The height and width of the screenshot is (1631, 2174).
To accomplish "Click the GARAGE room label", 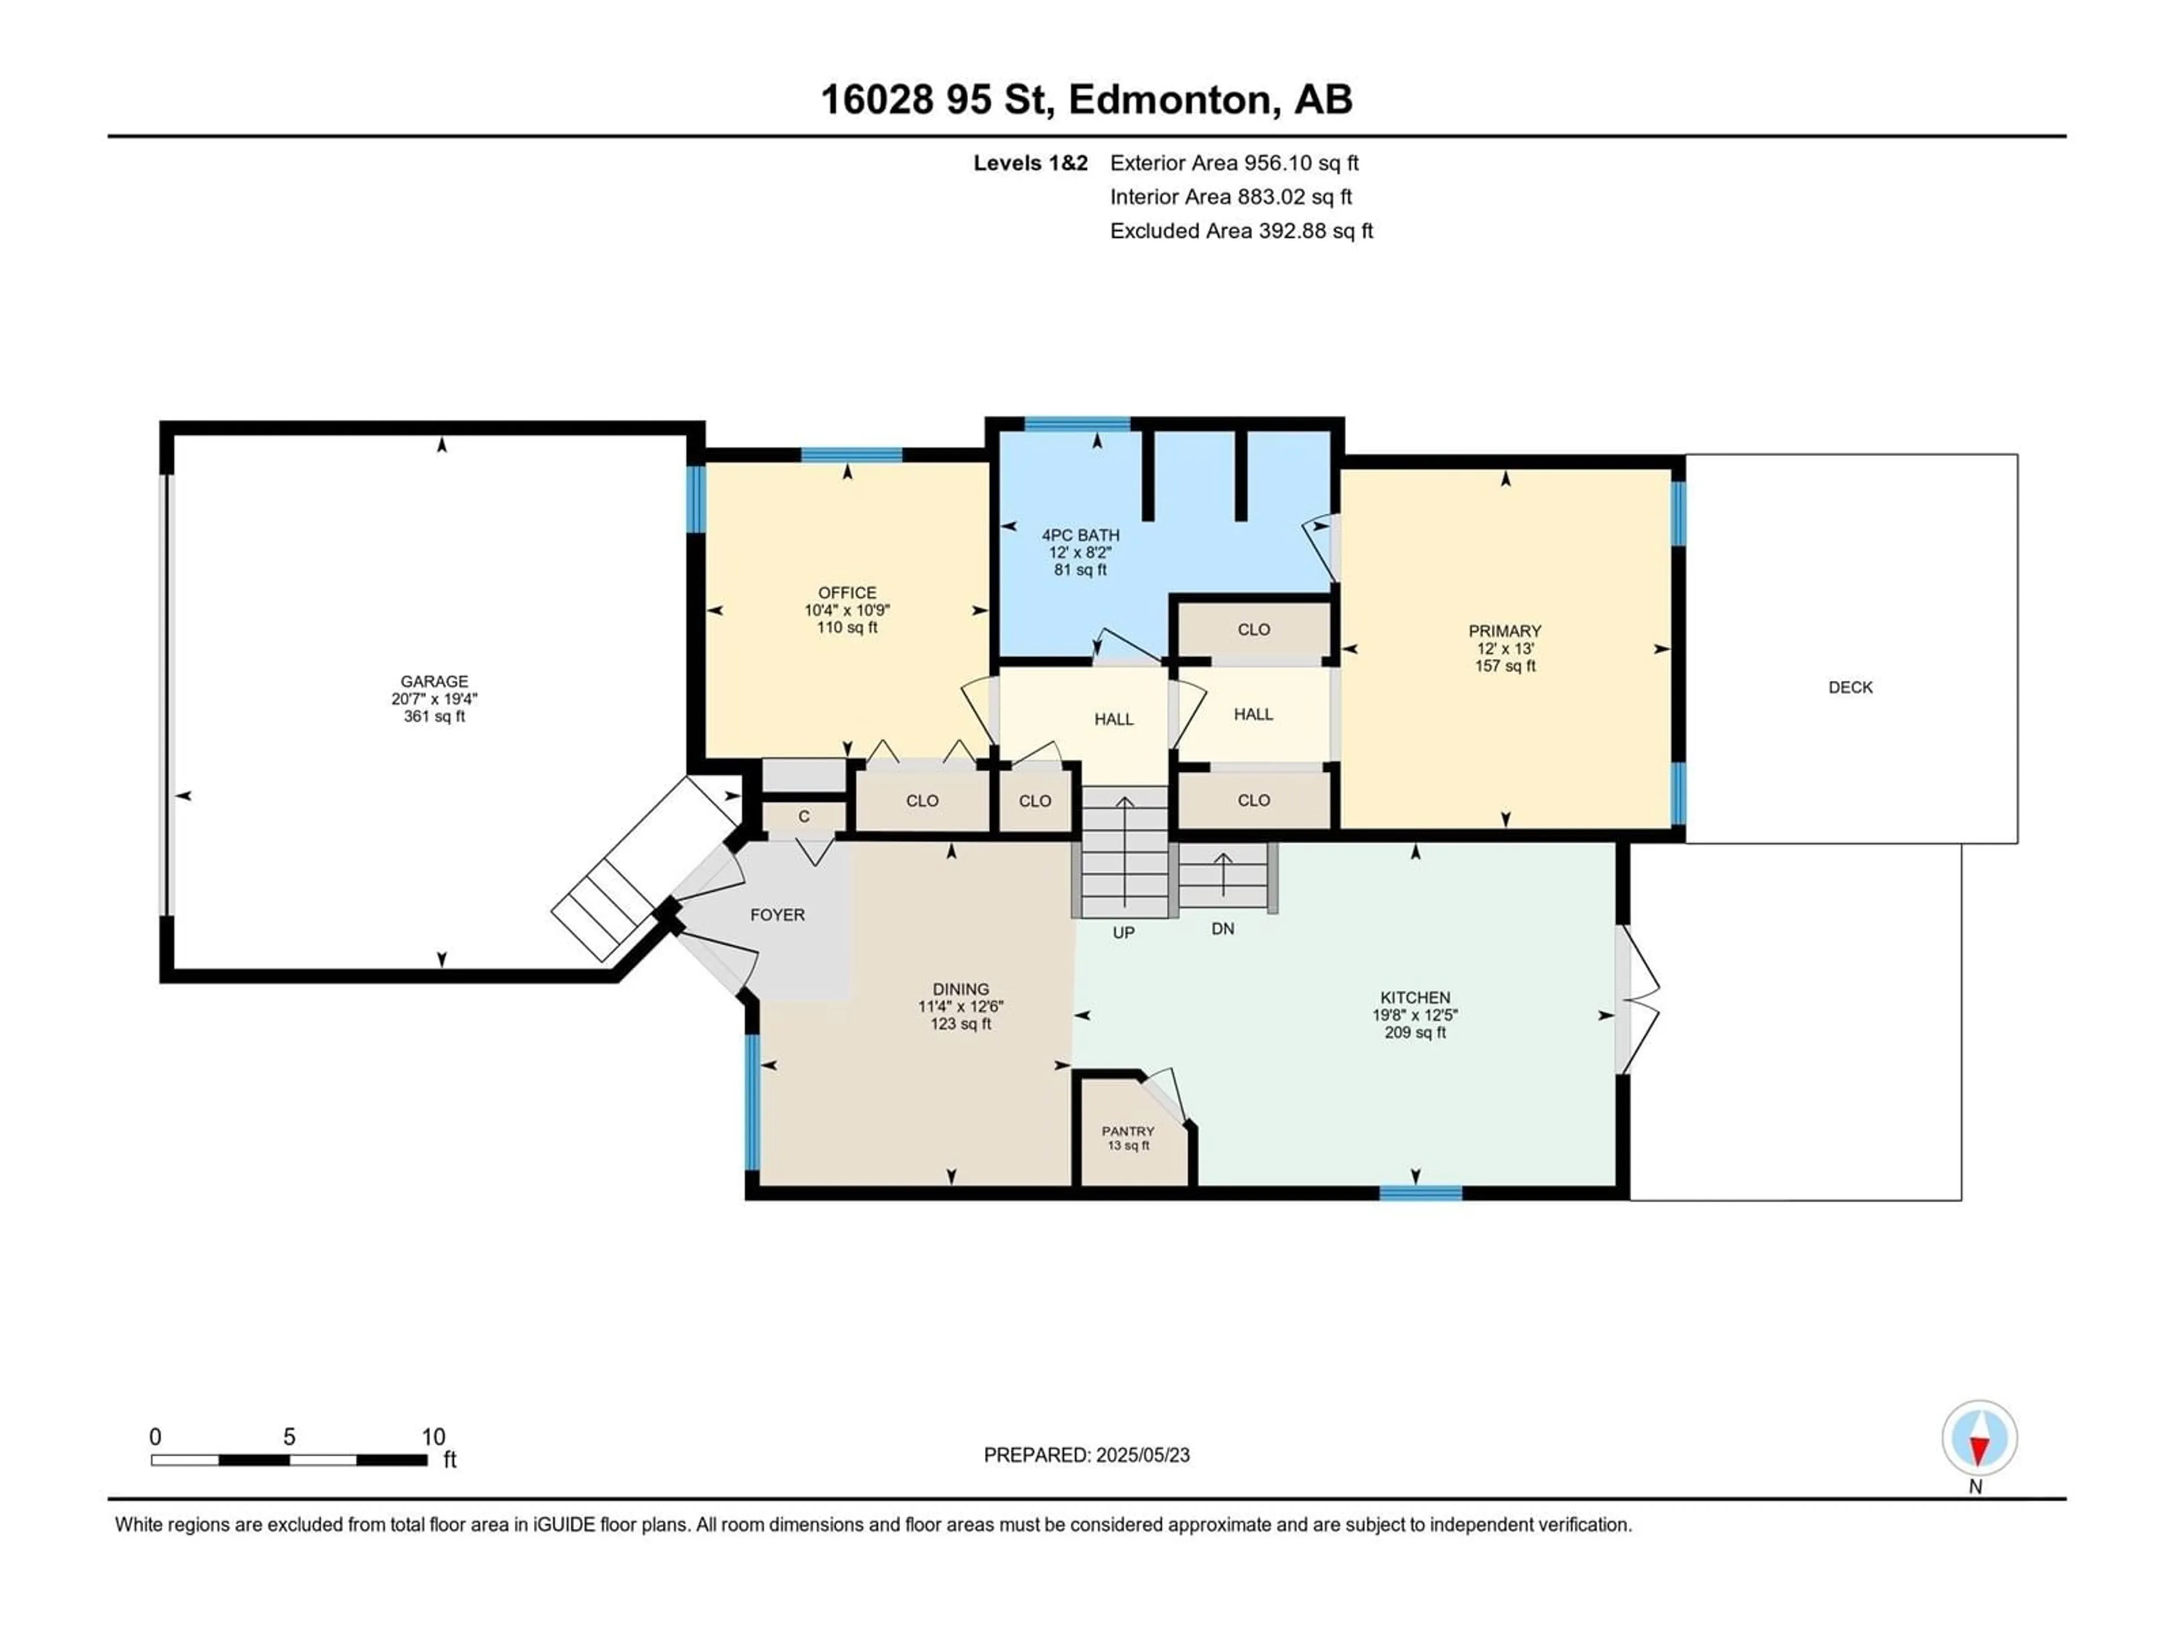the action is pyautogui.click(x=434, y=681).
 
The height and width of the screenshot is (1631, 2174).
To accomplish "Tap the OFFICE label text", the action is pyautogui.click(x=847, y=593).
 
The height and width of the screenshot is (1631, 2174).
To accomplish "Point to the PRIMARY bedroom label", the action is pyautogui.click(x=1505, y=631).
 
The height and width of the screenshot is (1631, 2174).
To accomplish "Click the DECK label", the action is pyautogui.click(x=1851, y=687).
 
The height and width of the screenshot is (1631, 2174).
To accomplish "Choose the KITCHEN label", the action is pyautogui.click(x=1415, y=997).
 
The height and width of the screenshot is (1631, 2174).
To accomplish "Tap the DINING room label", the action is pyautogui.click(x=961, y=989).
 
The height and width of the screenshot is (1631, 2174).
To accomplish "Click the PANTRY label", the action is pyautogui.click(x=1128, y=1132).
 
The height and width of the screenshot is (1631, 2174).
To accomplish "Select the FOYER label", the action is pyautogui.click(x=777, y=914).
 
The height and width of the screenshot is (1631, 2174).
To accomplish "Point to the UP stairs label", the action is pyautogui.click(x=1123, y=932).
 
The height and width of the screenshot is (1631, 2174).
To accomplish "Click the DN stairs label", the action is pyautogui.click(x=1223, y=928).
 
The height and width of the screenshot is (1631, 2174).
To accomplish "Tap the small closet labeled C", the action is pyautogui.click(x=804, y=816).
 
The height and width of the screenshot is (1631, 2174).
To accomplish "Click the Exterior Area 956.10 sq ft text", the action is pyautogui.click(x=1234, y=163).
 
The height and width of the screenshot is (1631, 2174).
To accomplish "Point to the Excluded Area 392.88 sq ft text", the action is pyautogui.click(x=1242, y=231).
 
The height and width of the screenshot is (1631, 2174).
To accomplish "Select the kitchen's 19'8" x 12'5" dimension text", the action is pyautogui.click(x=1415, y=1015).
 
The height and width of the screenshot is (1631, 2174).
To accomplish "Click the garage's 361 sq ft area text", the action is pyautogui.click(x=434, y=717).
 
